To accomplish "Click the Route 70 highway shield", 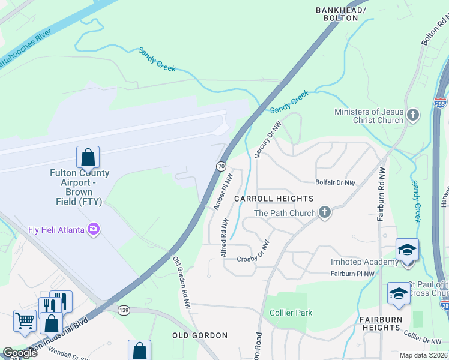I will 221,166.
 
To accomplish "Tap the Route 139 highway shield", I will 124,310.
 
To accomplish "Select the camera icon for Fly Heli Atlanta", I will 94,229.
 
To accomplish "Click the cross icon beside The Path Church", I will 325,212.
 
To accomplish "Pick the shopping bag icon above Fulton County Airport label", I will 88,158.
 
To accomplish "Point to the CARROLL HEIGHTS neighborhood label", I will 274,199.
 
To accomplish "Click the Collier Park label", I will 291,313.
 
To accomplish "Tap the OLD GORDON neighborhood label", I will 200,335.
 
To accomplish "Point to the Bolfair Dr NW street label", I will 335,182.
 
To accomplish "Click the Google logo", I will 20,353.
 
